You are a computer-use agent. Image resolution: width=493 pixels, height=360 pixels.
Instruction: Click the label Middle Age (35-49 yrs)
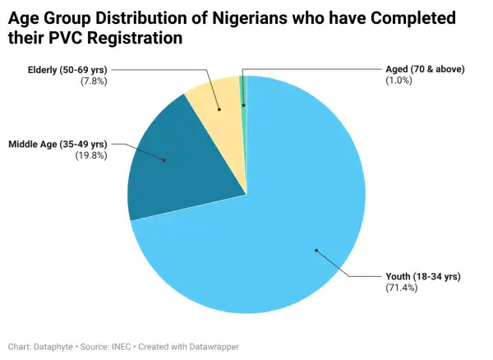coord(58,144)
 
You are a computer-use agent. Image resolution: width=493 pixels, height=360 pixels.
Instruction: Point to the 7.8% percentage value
coord(95,81)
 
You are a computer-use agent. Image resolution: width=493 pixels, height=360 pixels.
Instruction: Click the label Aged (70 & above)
coord(425,69)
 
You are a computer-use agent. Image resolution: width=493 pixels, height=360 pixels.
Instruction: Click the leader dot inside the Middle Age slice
coord(164,160)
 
